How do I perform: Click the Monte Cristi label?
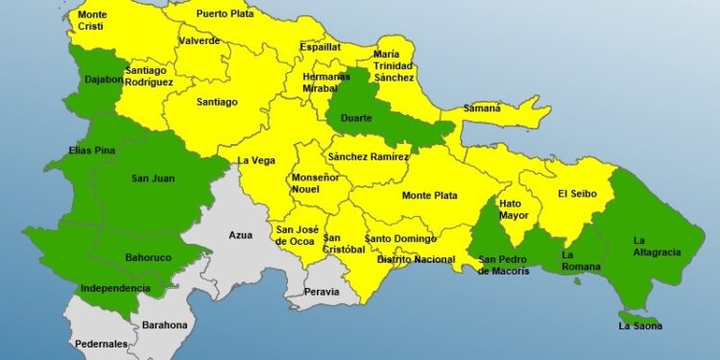click(92, 21)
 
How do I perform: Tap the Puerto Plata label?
click(225, 14)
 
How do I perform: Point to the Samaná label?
click(483, 108)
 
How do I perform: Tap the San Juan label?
click(153, 178)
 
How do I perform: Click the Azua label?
click(241, 235)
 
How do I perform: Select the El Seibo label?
click(579, 194)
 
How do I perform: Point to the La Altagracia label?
click(657, 246)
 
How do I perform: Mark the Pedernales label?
click(101, 344)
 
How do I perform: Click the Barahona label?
click(165, 325)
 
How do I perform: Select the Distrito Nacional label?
click(416, 259)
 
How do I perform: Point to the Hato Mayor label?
click(515, 209)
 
